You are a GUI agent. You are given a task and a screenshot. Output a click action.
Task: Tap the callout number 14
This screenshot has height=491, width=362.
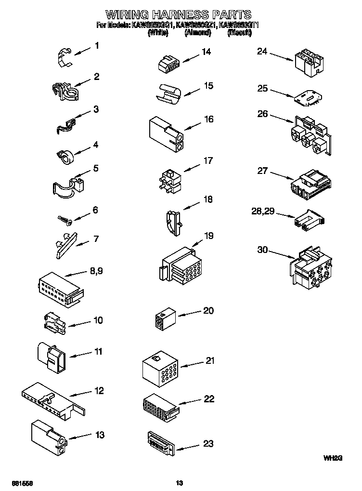206,52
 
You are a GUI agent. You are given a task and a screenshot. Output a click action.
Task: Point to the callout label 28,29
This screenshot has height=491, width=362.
263,212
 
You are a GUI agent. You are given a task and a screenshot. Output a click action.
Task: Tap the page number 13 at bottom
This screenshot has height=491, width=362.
180,483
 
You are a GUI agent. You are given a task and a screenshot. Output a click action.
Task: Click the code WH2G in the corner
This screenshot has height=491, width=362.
333,458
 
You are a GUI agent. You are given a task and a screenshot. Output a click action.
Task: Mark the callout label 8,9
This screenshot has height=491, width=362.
96,271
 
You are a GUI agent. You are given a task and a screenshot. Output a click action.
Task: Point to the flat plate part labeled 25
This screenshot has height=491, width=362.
306,98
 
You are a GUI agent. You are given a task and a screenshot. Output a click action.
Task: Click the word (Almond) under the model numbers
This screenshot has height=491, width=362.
197,33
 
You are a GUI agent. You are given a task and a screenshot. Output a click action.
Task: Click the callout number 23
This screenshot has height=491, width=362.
207,443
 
